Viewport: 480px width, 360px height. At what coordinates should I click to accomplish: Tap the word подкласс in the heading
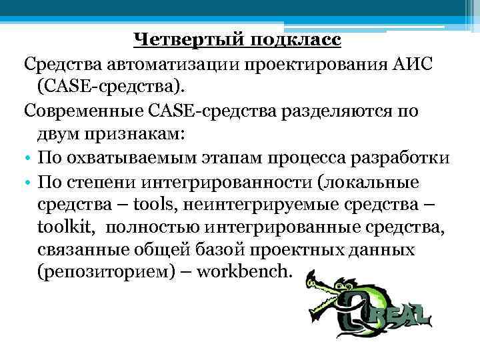coord(296,41)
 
